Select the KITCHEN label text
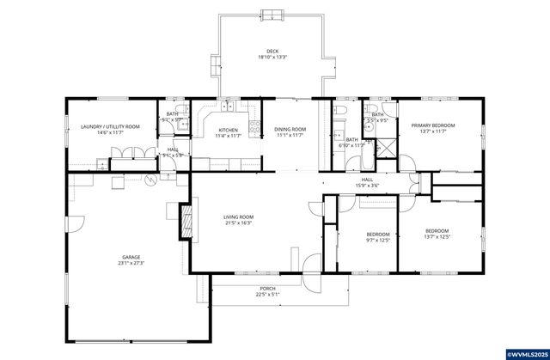click(216, 130)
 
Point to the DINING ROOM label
click(290, 130)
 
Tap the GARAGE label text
click(131, 256)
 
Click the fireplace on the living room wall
click(184, 220)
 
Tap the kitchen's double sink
click(228, 107)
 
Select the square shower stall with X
click(386, 147)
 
